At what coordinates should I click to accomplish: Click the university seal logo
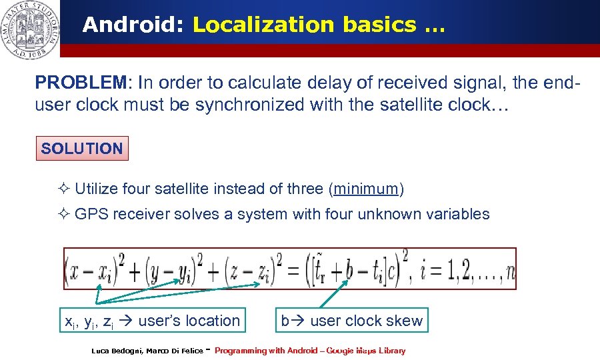[x=29, y=29]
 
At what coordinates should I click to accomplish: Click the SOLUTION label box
[x=82, y=149]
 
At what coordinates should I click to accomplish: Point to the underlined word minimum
[x=366, y=189]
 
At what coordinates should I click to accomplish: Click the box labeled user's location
[x=150, y=321]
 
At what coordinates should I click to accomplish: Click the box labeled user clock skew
[x=351, y=321]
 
